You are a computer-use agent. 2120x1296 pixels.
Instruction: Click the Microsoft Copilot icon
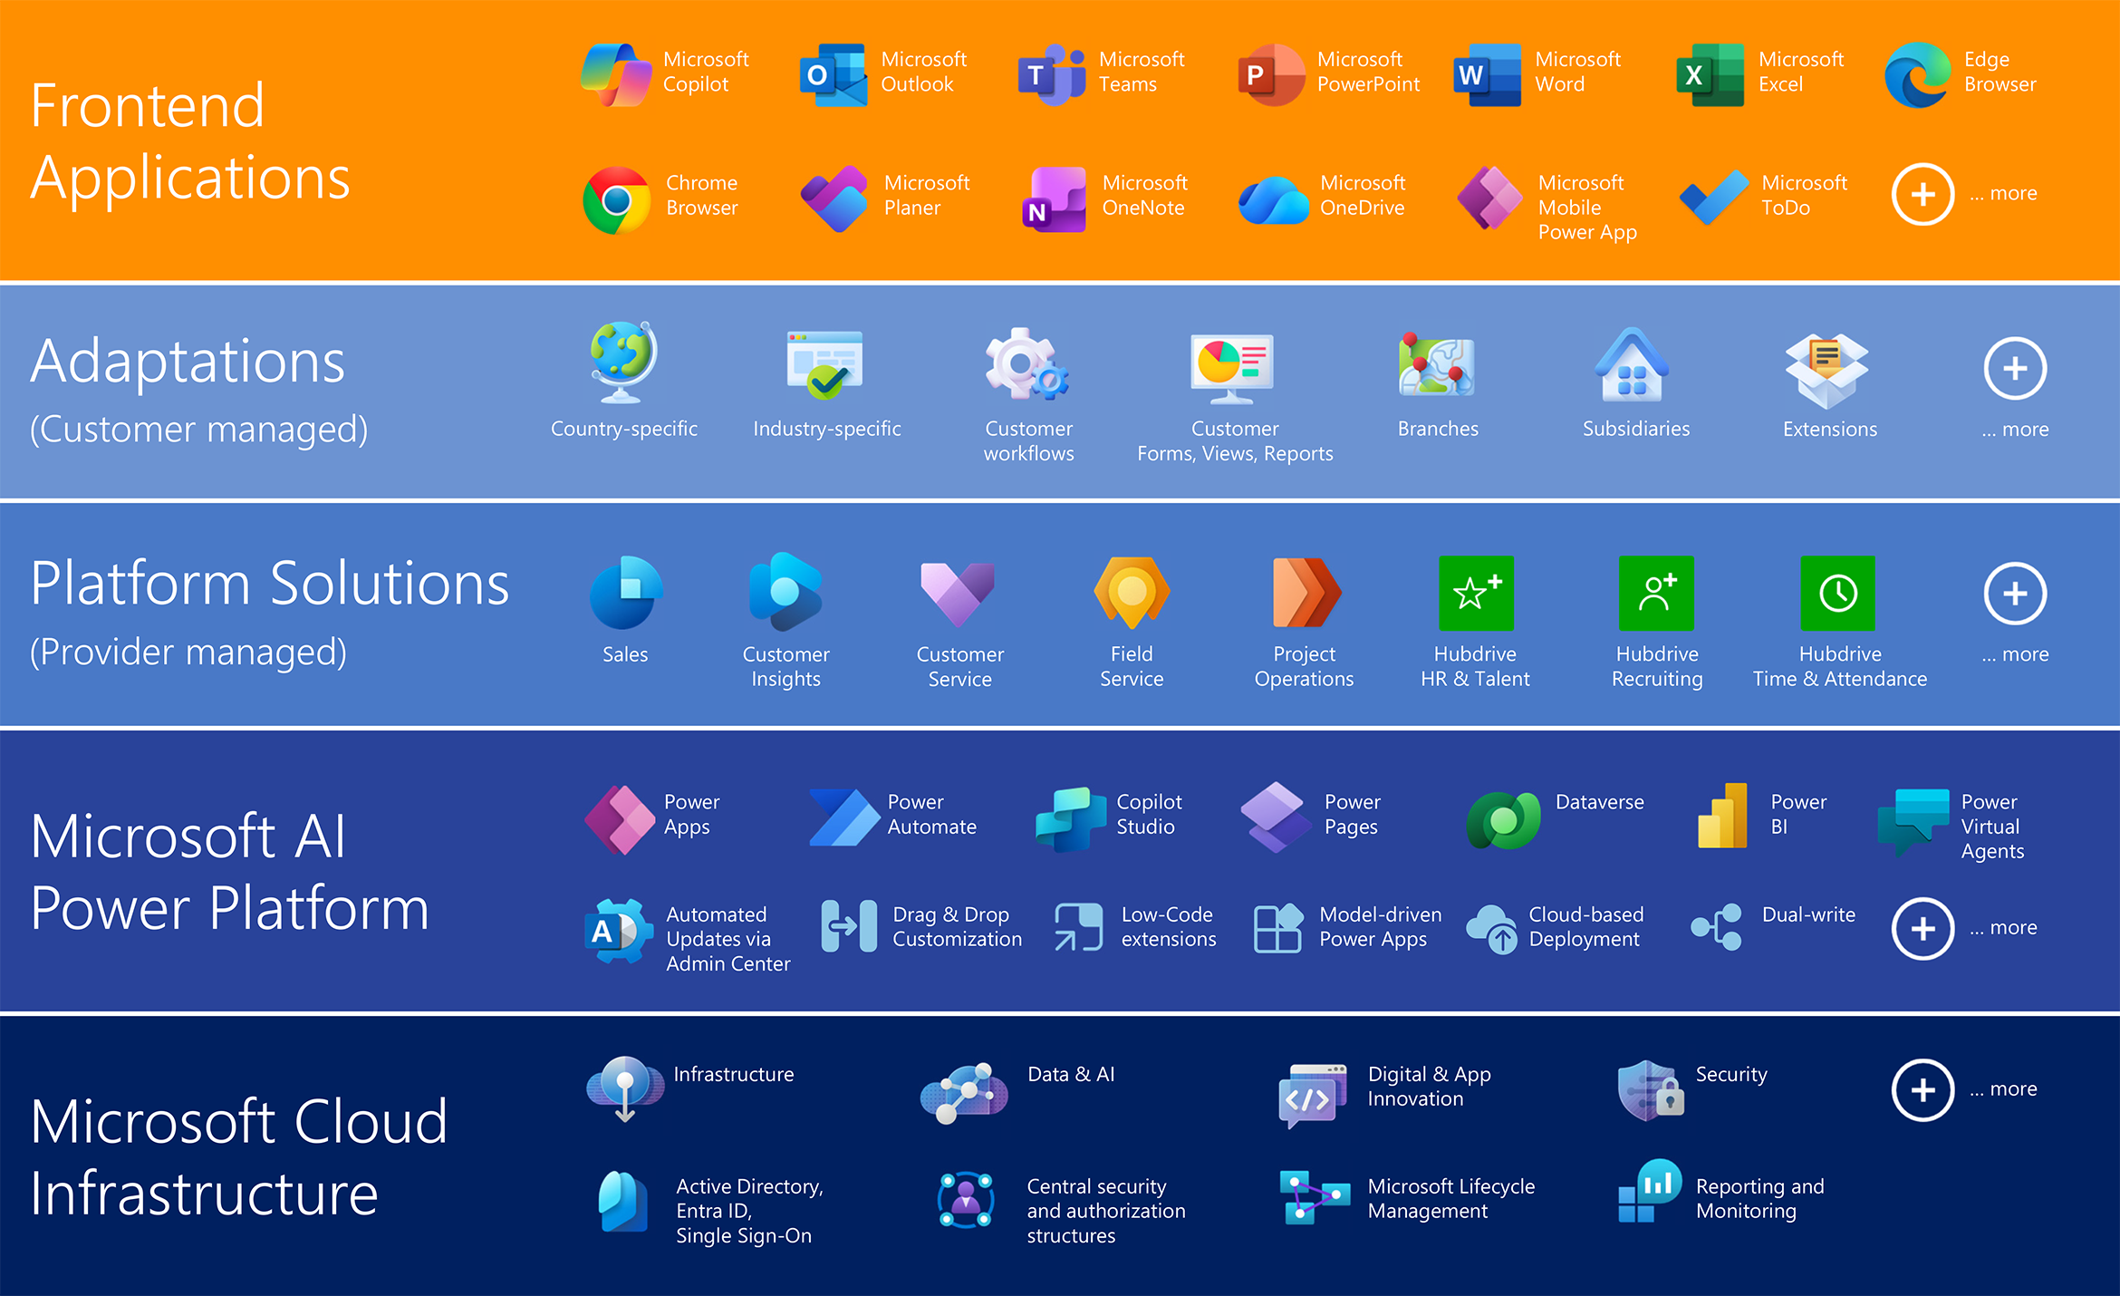pyautogui.click(x=616, y=74)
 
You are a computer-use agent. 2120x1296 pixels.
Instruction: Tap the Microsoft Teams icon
pyautogui.click(x=1052, y=74)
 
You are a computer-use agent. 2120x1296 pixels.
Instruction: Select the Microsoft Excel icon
pyautogui.click(x=1710, y=74)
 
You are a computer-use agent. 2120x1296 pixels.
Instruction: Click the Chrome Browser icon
pyautogui.click(x=617, y=199)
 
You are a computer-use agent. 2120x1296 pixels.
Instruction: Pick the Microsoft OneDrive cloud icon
pyautogui.click(x=1274, y=200)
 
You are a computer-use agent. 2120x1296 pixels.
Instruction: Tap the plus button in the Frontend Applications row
pyautogui.click(x=1922, y=194)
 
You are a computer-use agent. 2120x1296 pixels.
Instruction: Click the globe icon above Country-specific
pyautogui.click(x=623, y=362)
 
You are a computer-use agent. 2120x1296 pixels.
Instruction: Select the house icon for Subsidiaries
pyautogui.click(x=1633, y=364)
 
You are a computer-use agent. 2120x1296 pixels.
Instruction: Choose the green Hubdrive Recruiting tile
pyautogui.click(x=1656, y=593)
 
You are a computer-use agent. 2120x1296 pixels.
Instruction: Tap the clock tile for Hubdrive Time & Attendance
pyautogui.click(x=1838, y=593)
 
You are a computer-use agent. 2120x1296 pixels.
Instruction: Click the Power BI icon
pyautogui.click(x=1723, y=816)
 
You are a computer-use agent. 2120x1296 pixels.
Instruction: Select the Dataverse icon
pyautogui.click(x=1504, y=819)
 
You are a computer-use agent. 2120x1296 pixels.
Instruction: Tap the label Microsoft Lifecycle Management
pyautogui.click(x=1451, y=1198)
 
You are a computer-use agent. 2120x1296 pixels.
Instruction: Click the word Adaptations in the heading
pyautogui.click(x=188, y=362)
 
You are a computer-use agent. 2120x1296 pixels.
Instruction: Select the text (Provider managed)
pyautogui.click(x=188, y=653)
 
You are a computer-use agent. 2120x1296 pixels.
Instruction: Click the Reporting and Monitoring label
pyautogui.click(x=1760, y=1198)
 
